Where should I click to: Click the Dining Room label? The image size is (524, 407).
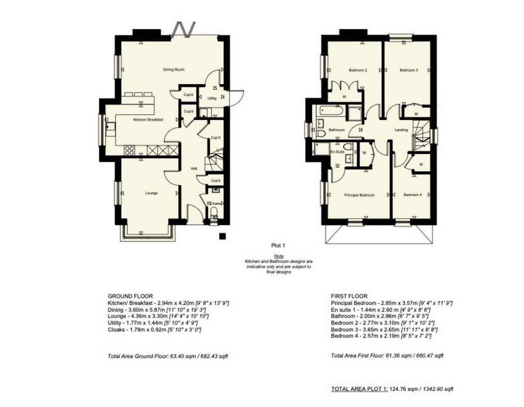coord(174,70)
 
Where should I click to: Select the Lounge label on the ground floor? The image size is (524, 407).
coord(152,193)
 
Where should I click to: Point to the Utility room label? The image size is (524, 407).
coord(212,98)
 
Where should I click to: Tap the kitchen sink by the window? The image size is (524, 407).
coord(110,129)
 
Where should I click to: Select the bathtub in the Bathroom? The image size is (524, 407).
coord(330,111)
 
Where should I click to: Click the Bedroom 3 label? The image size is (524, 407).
coord(409,70)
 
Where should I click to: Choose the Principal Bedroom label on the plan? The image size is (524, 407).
coord(359,195)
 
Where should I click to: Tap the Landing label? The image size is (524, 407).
coord(401,130)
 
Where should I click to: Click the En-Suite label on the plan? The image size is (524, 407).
coord(337,152)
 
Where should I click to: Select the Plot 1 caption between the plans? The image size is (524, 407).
coord(278,246)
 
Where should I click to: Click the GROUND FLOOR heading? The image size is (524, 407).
coord(130,296)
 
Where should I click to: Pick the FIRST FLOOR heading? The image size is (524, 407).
coord(349,296)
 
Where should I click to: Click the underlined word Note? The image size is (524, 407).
coord(279,256)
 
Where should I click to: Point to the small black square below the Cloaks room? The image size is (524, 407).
coord(222,236)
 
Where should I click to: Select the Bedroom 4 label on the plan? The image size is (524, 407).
coord(413,195)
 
